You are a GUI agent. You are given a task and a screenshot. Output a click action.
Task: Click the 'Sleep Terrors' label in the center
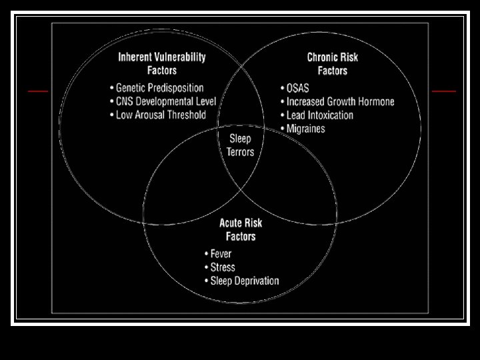click(x=240, y=145)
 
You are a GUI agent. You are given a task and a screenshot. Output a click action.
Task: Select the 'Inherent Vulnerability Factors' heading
click(x=162, y=63)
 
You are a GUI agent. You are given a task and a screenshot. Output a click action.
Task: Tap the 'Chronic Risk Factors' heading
click(x=332, y=63)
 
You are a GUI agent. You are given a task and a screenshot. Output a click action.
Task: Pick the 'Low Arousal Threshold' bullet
click(x=157, y=115)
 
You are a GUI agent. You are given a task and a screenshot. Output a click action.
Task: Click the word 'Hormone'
click(x=373, y=102)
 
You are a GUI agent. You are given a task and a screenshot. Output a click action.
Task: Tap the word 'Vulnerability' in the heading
click(x=181, y=57)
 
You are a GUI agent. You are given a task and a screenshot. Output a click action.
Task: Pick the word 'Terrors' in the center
click(x=240, y=152)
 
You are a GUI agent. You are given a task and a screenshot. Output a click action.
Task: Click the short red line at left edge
click(x=38, y=91)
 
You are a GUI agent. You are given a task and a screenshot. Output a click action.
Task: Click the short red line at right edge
click(x=444, y=91)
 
